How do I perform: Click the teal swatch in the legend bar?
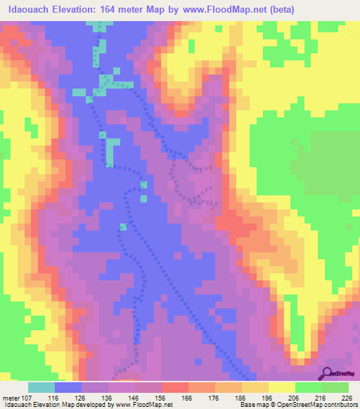click(41, 387)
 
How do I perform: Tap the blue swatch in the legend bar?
click(68, 387)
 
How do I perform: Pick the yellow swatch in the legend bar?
click(281, 387)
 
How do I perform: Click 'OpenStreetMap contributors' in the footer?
click(313, 405)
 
